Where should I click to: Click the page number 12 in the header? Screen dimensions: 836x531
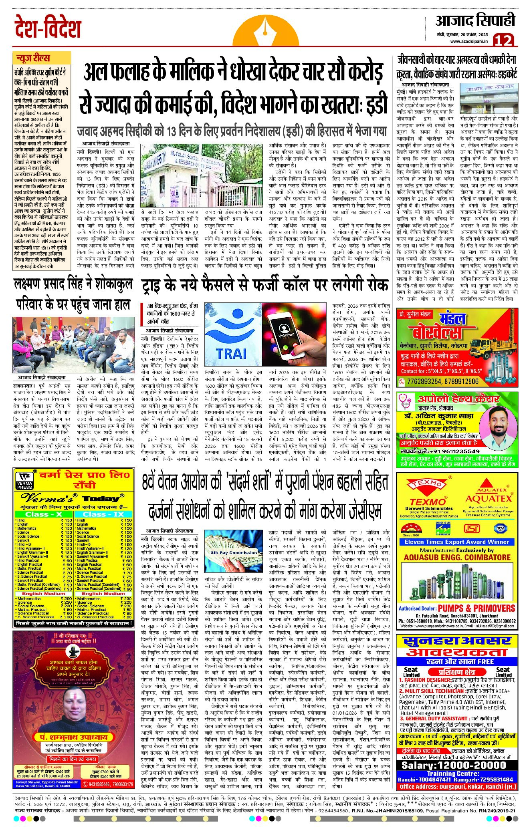pyautogui.click(x=503, y=40)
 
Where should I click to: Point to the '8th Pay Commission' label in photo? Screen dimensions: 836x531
pyautogui.click(x=228, y=552)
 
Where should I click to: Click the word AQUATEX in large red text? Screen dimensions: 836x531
pyautogui.click(x=489, y=498)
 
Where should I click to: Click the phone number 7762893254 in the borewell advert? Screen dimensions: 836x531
pyautogui.click(x=424, y=381)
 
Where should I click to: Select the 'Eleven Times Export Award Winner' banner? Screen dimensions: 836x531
pyautogui.click(x=456, y=542)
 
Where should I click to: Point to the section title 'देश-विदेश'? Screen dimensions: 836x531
pyautogui.click(x=48, y=28)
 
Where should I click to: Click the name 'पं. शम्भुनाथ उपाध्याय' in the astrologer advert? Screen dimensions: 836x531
pyautogui.click(x=73, y=737)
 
